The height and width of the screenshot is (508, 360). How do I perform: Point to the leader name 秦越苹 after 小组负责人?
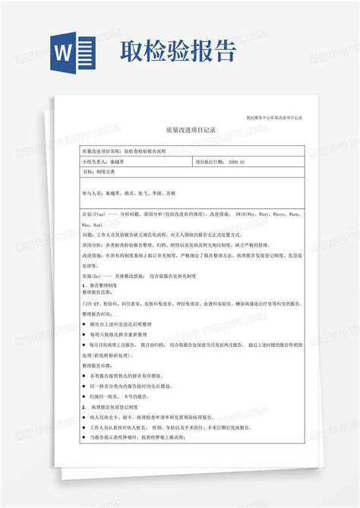point(120,162)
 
